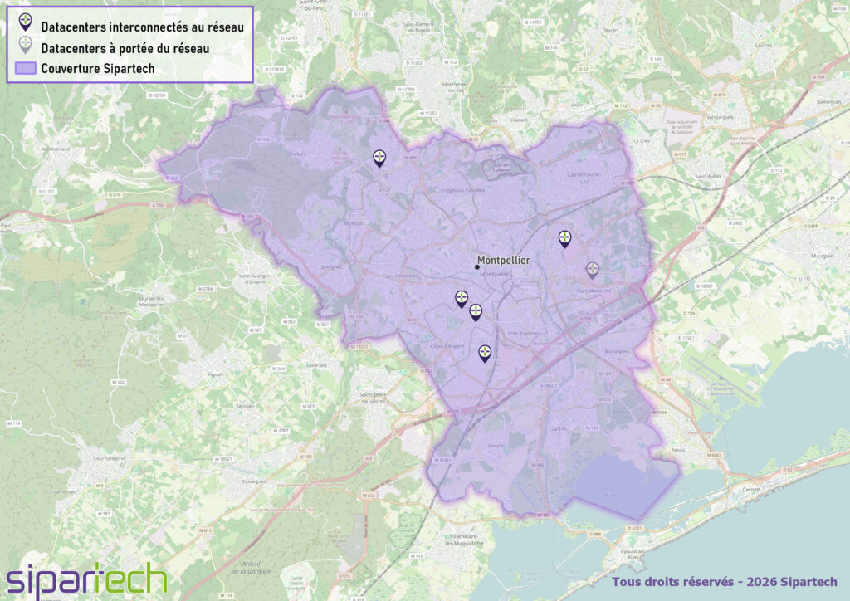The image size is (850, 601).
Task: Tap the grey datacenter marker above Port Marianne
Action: pyautogui.click(x=592, y=270)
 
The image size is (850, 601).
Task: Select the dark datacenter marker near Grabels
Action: pyautogui.click(x=379, y=158)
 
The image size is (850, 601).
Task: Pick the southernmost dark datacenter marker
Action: pyautogui.click(x=485, y=354)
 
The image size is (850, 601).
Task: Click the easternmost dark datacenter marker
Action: pyautogui.click(x=564, y=239)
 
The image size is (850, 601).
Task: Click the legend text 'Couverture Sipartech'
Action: pyautogui.click(x=98, y=68)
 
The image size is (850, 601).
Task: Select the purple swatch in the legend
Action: pyautogui.click(x=26, y=68)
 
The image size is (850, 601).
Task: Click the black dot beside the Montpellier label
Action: pyautogui.click(x=476, y=266)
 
